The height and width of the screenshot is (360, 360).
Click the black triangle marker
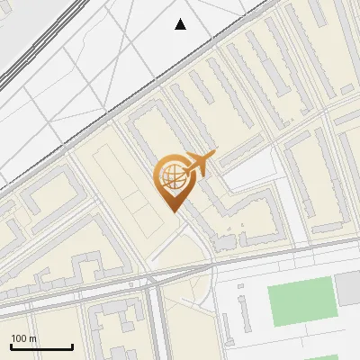click(181, 24)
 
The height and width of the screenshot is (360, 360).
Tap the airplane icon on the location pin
click(200, 163)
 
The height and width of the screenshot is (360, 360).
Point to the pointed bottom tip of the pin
click(173, 211)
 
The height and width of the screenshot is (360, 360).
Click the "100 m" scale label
click(24, 338)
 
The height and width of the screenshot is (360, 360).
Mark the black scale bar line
click(41, 346)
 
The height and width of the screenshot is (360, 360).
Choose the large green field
click(303, 301)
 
